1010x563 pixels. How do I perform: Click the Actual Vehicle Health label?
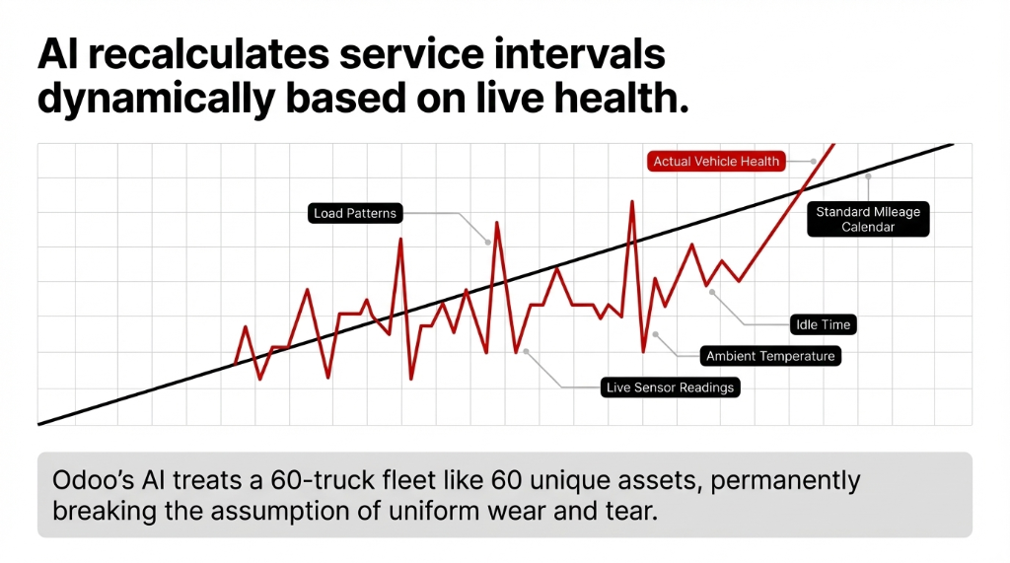point(717,161)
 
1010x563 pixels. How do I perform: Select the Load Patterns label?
point(354,213)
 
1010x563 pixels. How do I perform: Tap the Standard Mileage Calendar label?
point(868,220)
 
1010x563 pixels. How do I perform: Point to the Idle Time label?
point(823,323)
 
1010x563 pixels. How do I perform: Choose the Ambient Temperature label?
point(770,356)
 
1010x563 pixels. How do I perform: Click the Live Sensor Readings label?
point(671,387)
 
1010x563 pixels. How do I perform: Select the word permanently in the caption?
point(784,481)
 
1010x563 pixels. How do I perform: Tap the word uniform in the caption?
point(384,513)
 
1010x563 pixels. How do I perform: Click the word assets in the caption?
point(655,481)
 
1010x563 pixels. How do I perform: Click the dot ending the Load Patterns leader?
point(487,242)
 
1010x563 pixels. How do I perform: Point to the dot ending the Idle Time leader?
point(712,292)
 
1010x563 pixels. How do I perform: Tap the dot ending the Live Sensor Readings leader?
point(526,350)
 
